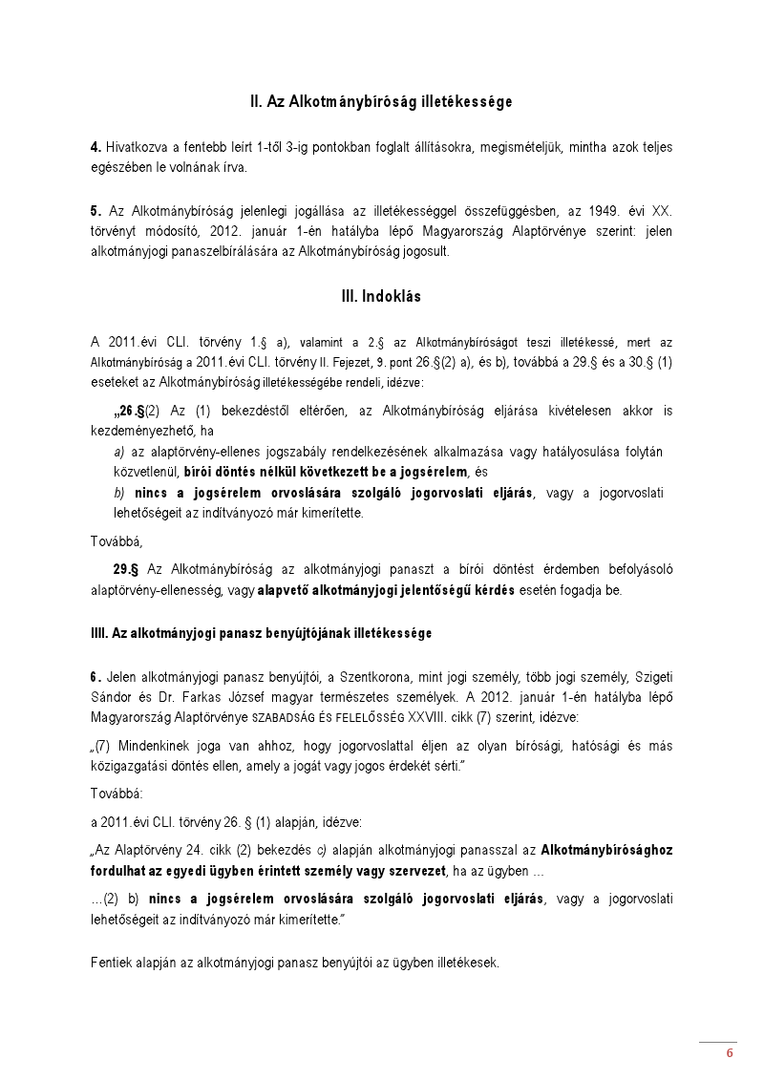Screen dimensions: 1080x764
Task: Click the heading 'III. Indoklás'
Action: click(x=381, y=297)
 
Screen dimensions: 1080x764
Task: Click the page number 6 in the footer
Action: click(x=730, y=1053)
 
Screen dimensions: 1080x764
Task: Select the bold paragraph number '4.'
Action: click(x=95, y=147)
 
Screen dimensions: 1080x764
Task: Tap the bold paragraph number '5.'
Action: click(x=95, y=209)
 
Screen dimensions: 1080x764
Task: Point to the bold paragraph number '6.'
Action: click(x=95, y=676)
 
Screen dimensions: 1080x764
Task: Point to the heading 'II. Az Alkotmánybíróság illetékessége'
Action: click(x=381, y=100)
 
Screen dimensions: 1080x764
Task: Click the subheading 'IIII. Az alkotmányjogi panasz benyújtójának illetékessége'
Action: click(x=261, y=632)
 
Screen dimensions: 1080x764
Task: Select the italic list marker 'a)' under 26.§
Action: click(x=119, y=451)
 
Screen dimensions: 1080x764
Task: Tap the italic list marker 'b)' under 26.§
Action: click(x=119, y=492)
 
